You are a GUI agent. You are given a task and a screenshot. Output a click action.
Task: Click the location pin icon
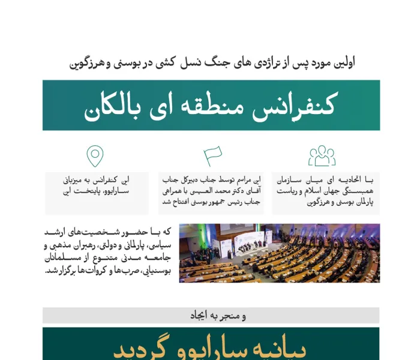click(95, 156)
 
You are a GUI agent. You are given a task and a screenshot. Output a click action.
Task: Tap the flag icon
click(212, 156)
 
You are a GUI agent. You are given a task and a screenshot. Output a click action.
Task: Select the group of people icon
click(322, 156)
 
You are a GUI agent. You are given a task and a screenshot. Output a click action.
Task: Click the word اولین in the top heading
click(343, 63)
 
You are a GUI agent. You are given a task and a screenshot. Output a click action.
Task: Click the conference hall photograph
click(279, 253)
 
